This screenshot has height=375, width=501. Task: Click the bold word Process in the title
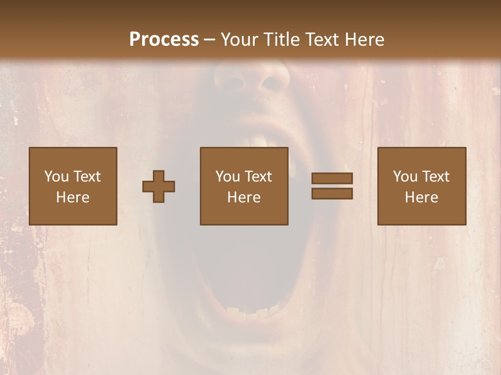click(x=164, y=40)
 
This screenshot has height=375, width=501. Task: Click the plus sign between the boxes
click(x=159, y=186)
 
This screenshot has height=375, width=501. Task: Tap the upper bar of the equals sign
click(x=332, y=178)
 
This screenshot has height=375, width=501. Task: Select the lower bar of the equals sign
click(x=332, y=194)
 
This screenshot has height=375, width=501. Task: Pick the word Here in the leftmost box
click(x=73, y=197)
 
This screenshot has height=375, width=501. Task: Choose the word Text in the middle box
click(x=258, y=177)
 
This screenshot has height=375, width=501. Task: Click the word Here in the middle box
click(x=244, y=197)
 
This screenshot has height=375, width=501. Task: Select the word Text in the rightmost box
click(x=435, y=177)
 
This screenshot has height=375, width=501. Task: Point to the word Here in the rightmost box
click(x=421, y=197)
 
